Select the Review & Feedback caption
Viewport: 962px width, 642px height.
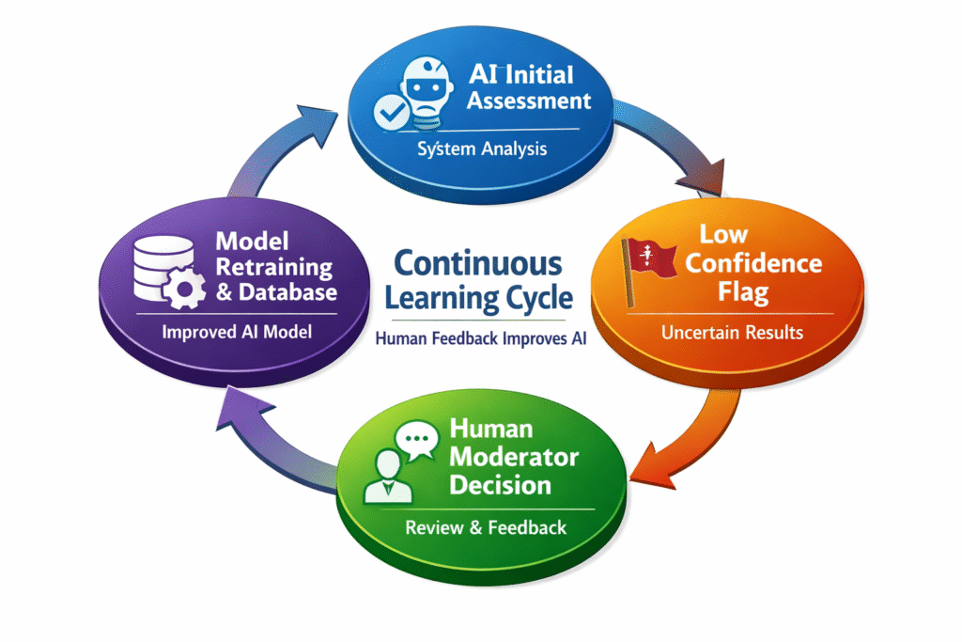(x=486, y=527)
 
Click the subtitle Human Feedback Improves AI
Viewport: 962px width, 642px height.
(x=480, y=339)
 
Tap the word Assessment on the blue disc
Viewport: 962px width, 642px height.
(x=529, y=100)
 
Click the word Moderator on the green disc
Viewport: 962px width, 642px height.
(x=514, y=458)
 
